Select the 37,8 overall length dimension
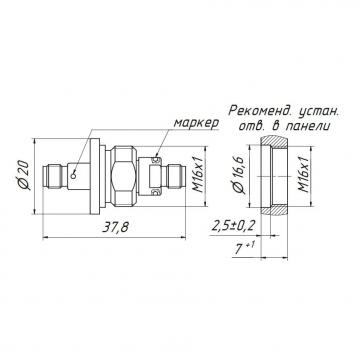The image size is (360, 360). [115, 227]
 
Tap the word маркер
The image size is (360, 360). [196, 123]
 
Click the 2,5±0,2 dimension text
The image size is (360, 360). [233, 226]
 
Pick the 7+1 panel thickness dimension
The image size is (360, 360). [244, 248]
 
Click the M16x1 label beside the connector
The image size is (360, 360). [199, 175]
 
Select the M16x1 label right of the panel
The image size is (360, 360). [303, 175]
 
